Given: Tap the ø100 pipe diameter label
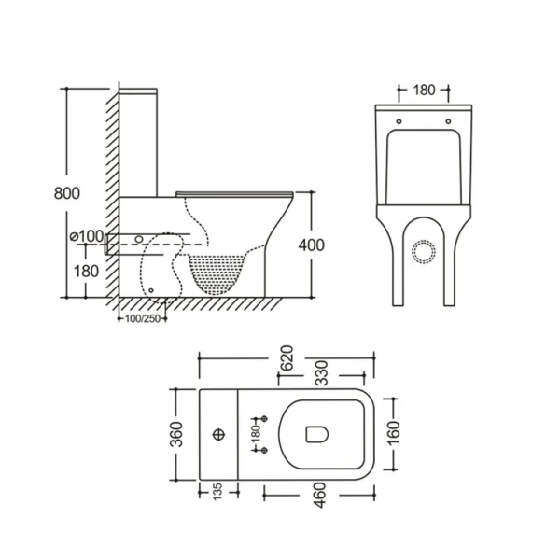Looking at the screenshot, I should tap(85, 236).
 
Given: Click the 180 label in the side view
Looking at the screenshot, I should tap(86, 271).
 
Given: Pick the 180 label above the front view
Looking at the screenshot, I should tap(424, 91).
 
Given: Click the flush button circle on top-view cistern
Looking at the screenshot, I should tap(220, 435).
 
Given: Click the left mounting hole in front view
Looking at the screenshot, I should tap(399, 120).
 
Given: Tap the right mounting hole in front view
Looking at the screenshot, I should tap(449, 120).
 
